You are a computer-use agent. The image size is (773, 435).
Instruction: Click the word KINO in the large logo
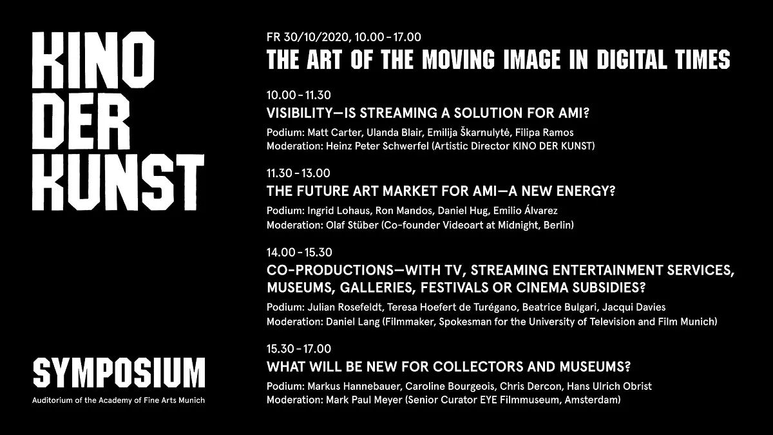93,60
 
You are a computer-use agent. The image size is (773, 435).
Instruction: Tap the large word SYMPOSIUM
119,372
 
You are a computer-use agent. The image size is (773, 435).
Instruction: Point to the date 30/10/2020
316,37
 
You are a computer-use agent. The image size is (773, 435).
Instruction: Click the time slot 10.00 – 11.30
299,95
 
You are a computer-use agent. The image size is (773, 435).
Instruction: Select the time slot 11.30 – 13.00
298,173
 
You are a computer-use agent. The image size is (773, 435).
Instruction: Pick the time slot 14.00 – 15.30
300,253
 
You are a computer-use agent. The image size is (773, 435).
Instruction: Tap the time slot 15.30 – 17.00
299,349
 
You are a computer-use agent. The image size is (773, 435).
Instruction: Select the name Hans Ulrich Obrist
609,386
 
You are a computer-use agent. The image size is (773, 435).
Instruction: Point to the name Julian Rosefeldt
345,307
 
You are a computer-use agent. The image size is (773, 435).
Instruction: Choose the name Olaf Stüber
352,225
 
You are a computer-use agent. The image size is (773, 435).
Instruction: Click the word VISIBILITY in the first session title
299,113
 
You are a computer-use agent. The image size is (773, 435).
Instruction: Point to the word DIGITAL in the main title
631,59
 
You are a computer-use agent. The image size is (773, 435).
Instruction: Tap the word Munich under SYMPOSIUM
191,400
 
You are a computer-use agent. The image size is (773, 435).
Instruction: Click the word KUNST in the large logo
119,182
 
